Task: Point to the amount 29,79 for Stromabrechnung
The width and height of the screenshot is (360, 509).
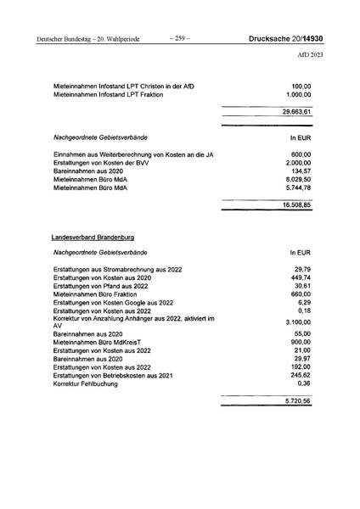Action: point(303,269)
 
